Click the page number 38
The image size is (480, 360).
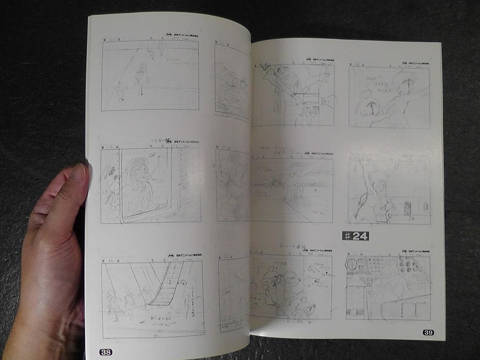[105, 352]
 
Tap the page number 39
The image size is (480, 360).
[428, 332]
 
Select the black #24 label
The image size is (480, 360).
[355, 236]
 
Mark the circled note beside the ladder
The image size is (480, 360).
[182, 283]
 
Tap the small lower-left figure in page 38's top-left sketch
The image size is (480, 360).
[120, 91]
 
